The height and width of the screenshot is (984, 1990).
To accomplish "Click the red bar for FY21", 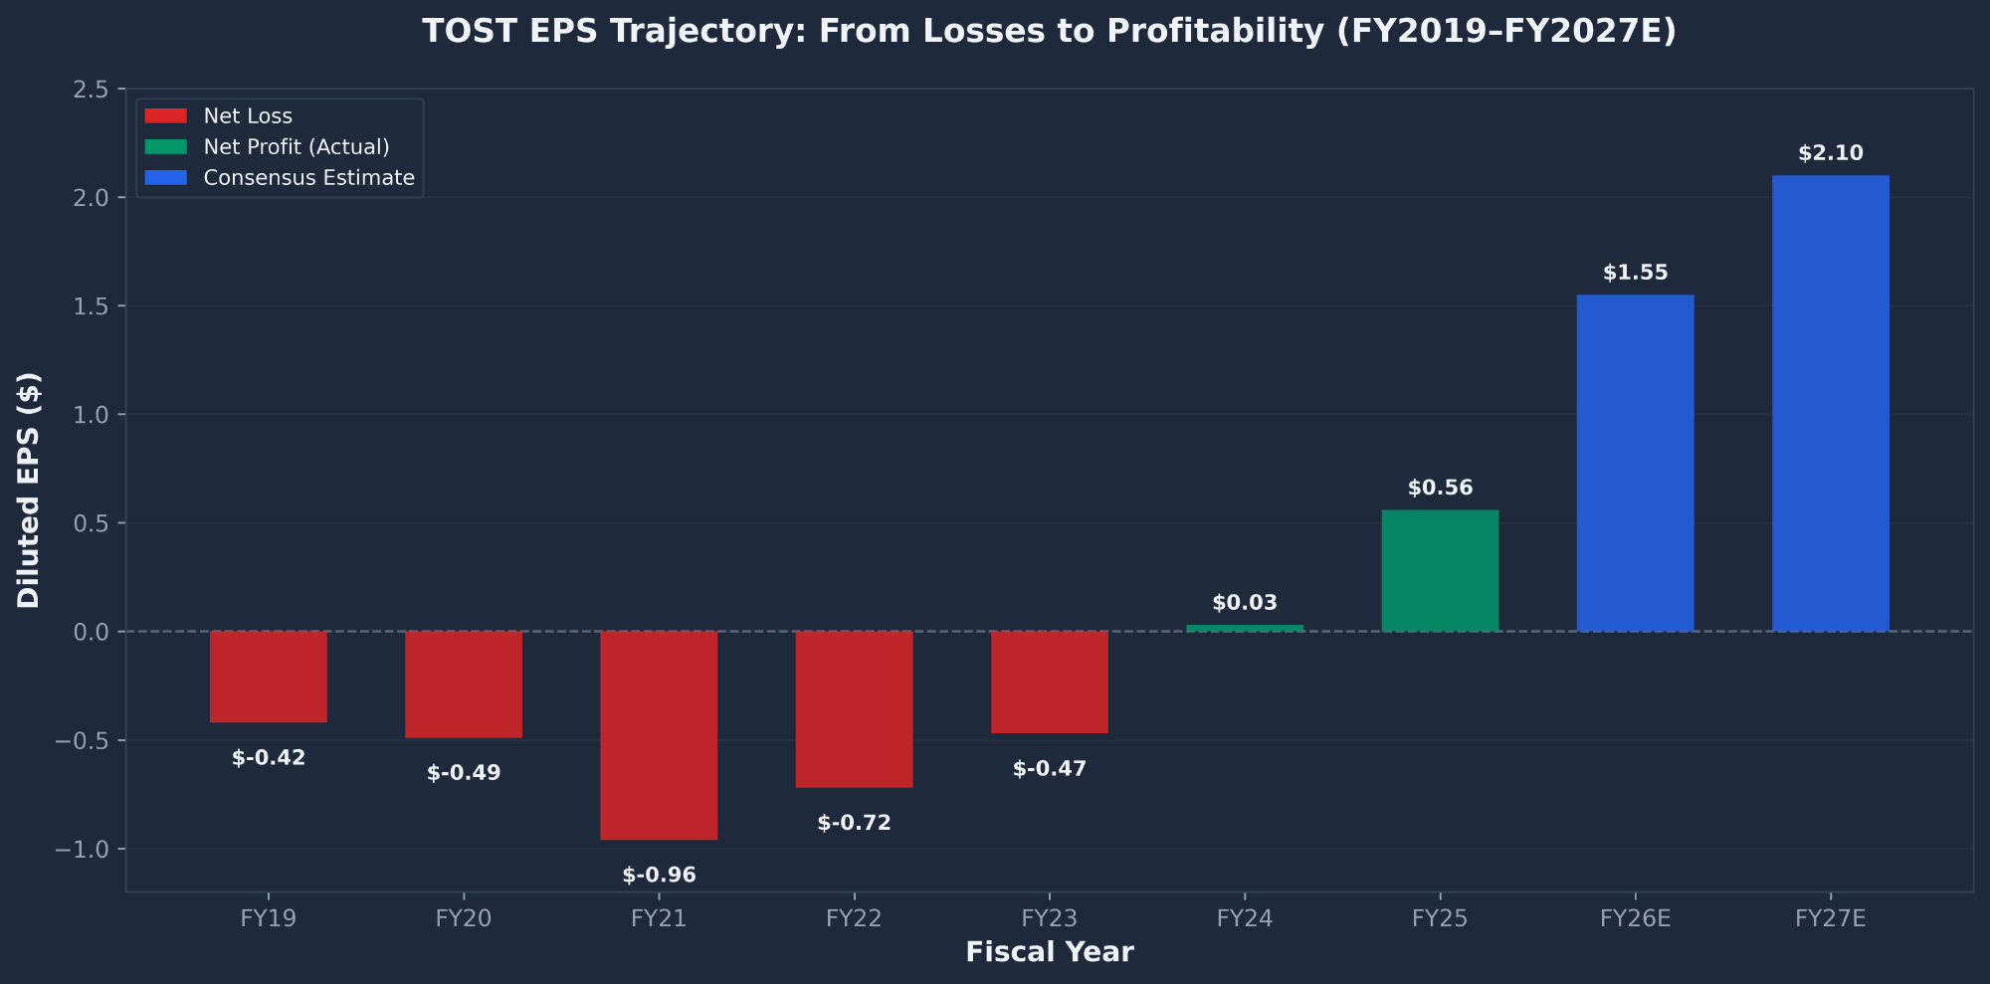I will coord(659,734).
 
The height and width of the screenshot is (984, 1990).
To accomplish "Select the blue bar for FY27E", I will coord(1830,403).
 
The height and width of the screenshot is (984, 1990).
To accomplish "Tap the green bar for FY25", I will coord(1440,570).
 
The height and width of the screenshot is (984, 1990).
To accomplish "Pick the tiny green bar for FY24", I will coord(1245,628).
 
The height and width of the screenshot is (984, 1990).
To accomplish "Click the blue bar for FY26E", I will coord(1635,463).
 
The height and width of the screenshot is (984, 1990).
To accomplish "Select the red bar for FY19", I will coord(269,677).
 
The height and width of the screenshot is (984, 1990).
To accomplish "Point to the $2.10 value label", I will coord(1830,153).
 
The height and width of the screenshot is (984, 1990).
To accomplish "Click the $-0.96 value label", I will coord(659,876).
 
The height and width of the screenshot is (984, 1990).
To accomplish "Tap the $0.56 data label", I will coord(1440,488).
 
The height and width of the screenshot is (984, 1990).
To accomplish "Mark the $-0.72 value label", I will coord(854,823).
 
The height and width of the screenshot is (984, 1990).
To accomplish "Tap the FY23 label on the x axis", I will coord(1049,918).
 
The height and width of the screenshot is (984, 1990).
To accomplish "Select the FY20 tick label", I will coord(464,918).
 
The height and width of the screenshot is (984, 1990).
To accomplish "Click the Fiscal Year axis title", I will coord(1049,952).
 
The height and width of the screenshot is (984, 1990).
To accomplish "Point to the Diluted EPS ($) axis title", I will coord(29,490).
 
